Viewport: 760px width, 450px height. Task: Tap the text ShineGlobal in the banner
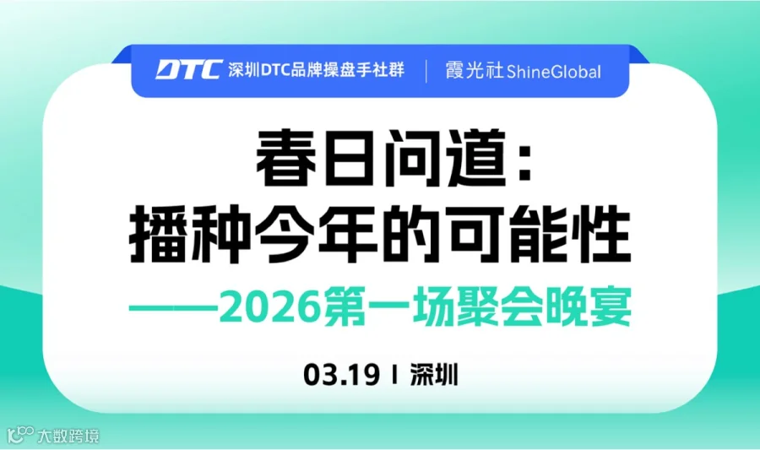(554, 72)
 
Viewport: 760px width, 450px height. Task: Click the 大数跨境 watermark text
(68, 436)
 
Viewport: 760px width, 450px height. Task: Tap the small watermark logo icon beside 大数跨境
(20, 436)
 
